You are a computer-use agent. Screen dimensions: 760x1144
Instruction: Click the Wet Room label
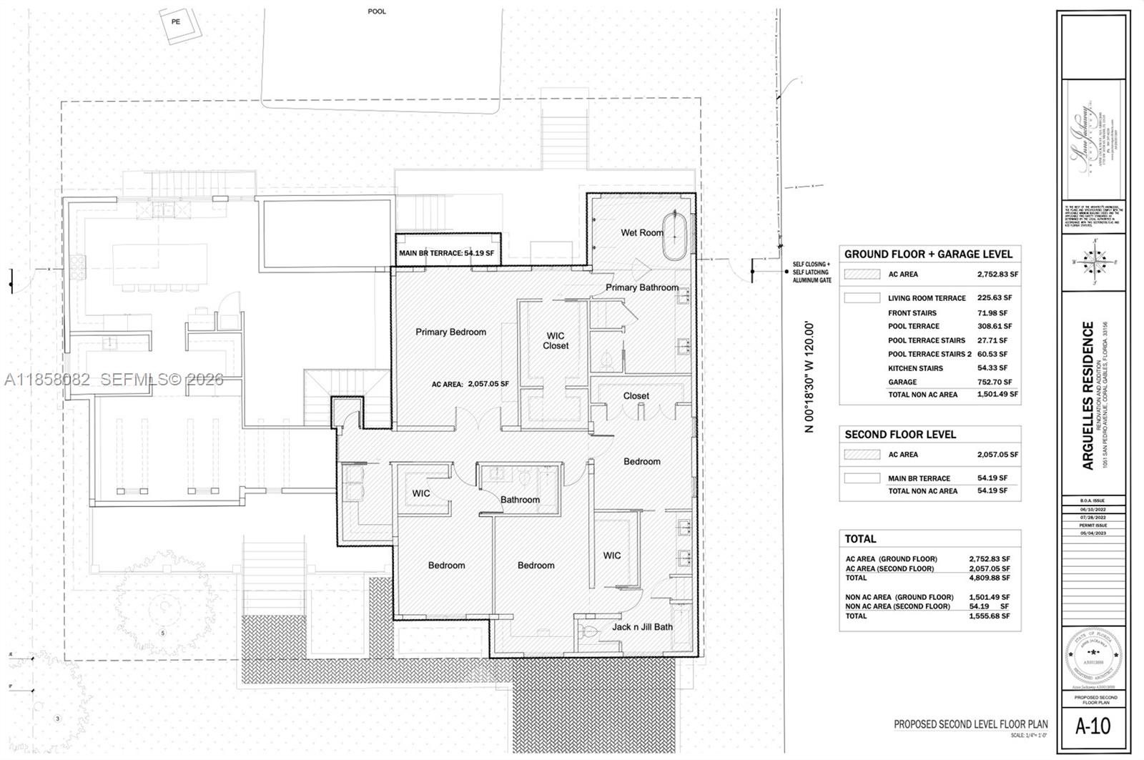pos(641,232)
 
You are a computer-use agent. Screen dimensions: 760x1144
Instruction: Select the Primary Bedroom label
pos(450,332)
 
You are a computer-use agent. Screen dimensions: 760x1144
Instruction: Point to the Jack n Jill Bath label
pos(642,627)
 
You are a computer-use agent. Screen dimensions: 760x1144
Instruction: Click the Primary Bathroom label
pos(641,287)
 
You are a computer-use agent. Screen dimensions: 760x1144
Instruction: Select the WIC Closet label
pos(556,340)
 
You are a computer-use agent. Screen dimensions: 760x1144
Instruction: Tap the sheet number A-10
pos(1093,726)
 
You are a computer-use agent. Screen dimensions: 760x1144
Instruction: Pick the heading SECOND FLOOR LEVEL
pos(899,435)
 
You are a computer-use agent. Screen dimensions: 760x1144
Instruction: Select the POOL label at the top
pos(377,11)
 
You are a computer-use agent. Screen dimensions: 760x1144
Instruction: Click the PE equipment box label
pos(176,21)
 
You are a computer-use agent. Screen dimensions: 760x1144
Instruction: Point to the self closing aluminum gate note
pos(812,272)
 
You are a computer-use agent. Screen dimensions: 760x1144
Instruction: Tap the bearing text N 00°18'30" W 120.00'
pos(809,377)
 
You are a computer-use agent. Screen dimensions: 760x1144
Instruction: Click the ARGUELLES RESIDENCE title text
pos(1088,395)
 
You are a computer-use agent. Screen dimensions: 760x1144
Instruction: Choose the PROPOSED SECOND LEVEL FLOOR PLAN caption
pos(970,724)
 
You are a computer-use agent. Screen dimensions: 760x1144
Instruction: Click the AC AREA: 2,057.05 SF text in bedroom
pos(470,384)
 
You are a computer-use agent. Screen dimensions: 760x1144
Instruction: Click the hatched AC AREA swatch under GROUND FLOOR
pos(862,274)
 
